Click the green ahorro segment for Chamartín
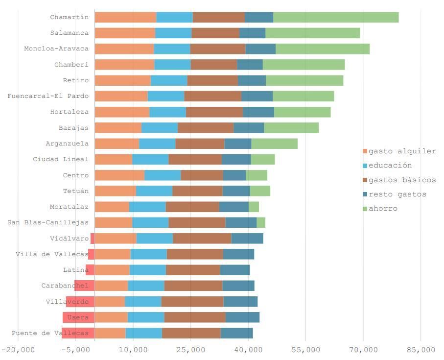336,17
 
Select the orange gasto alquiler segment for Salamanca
125,33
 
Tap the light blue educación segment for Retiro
169,80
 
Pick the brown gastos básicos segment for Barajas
206,128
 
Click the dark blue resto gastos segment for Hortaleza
258,112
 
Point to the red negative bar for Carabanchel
84,286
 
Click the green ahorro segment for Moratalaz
254,207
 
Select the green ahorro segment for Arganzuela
274,144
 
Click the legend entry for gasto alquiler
402,151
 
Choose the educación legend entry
390,166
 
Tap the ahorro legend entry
383,209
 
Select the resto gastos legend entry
397,194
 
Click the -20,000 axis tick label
18,350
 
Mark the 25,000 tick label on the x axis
191,350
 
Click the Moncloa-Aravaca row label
56,49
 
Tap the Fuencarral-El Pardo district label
48,96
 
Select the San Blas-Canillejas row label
48,223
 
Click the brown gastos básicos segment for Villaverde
192,302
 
